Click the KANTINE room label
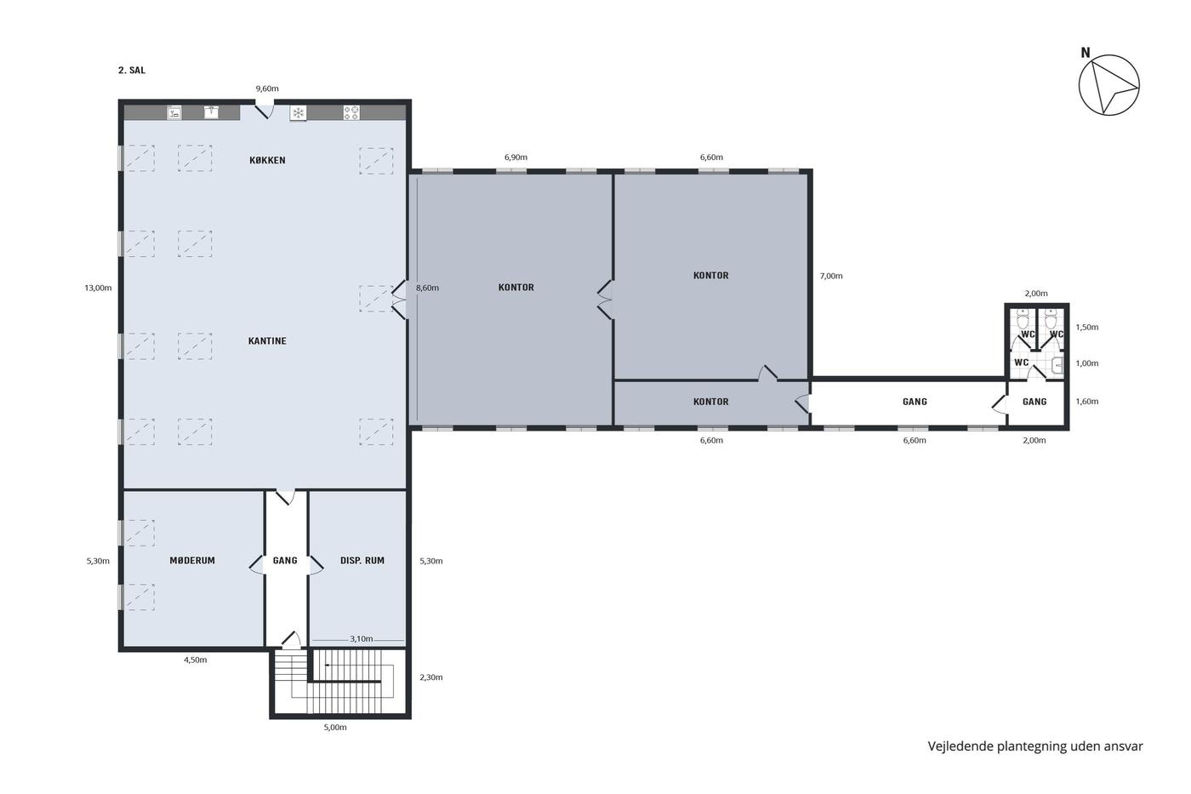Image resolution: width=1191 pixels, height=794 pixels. click(x=267, y=341)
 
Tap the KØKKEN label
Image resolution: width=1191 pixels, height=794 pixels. click(x=267, y=160)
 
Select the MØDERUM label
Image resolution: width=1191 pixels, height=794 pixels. click(x=192, y=561)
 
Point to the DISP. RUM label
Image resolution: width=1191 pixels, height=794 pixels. click(x=362, y=561)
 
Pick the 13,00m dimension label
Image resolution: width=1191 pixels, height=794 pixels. click(x=98, y=288)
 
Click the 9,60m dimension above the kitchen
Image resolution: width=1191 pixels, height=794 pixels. click(x=267, y=89)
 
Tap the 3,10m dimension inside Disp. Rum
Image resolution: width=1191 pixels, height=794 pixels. click(x=361, y=639)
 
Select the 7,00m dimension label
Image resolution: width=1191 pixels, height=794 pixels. click(x=831, y=276)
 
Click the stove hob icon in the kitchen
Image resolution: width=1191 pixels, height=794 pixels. click(x=350, y=112)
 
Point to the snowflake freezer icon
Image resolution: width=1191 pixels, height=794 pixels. click(x=299, y=112)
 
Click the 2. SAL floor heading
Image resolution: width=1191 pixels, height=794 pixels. click(x=131, y=70)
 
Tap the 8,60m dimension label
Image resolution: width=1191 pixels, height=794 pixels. click(x=427, y=288)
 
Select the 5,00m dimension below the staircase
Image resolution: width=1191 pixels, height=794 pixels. click(x=335, y=727)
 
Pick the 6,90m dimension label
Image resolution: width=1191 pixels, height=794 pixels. click(x=516, y=157)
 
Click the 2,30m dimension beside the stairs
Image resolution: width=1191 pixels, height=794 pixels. click(x=430, y=677)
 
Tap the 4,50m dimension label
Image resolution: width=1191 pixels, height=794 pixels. click(x=195, y=660)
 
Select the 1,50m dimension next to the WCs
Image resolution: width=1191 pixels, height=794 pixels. click(x=1087, y=327)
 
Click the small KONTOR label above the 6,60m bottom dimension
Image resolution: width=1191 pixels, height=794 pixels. click(x=711, y=402)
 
